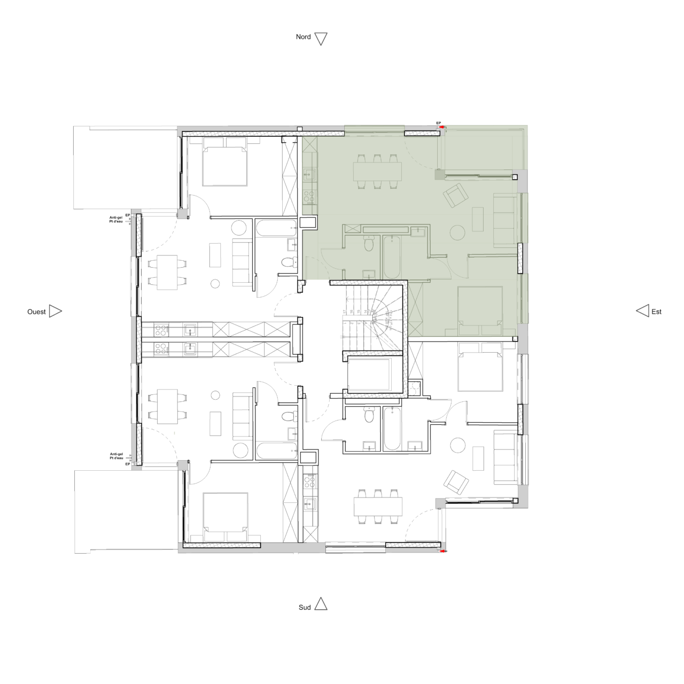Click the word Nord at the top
click(304, 37)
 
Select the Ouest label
click(36, 312)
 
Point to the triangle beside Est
click(642, 310)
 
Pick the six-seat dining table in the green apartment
click(377, 171)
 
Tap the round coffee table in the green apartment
click(458, 232)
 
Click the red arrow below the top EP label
click(439, 128)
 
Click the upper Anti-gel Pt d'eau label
click(116, 219)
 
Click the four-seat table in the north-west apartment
click(167, 272)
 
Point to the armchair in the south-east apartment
click(456, 481)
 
